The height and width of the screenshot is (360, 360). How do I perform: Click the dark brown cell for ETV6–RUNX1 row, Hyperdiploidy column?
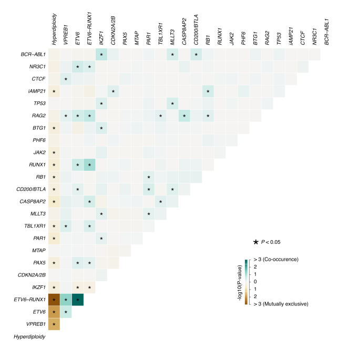(x=54, y=300)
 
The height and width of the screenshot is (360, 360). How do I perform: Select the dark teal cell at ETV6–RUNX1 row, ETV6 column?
(x=77, y=300)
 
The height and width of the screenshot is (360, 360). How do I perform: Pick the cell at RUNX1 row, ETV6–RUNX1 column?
(x=89, y=166)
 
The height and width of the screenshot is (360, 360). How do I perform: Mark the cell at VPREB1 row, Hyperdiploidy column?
(x=54, y=324)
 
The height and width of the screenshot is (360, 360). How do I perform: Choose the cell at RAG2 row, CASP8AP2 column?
(x=184, y=116)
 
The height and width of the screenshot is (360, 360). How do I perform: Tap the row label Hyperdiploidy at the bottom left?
(x=29, y=337)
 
